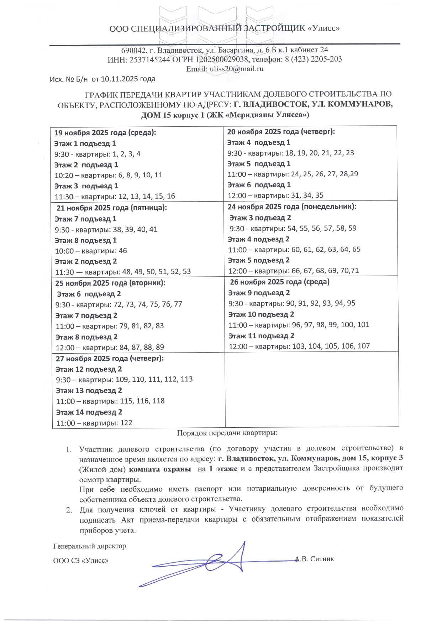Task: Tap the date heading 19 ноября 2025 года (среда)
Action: (105, 133)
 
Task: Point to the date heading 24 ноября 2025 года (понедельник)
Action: (292, 207)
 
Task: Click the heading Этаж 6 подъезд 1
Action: (259, 185)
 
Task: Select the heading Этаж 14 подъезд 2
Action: (89, 412)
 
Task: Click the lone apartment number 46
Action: (123, 251)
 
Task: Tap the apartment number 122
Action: (126, 423)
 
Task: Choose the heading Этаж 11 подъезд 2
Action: (261, 336)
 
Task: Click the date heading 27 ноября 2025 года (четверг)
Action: (110, 358)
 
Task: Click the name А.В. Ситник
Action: (315, 559)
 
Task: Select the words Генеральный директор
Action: (89, 546)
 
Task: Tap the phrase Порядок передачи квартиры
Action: (227, 433)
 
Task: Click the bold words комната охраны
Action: (159, 469)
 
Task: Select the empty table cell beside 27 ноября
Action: (312, 389)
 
